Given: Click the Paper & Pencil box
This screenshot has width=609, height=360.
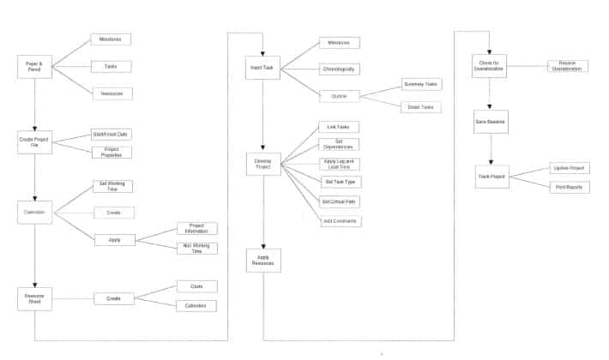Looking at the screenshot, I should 34,67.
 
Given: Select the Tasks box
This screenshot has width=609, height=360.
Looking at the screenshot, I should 111,66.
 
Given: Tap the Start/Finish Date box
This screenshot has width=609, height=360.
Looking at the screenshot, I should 111,134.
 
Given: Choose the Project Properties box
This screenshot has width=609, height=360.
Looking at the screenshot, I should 111,152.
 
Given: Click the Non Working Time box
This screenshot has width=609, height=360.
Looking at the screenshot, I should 197,248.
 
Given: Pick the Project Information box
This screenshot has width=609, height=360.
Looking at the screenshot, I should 197,228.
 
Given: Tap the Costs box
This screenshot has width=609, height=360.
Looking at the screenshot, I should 197,286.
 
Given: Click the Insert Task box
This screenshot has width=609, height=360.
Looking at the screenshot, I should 263,68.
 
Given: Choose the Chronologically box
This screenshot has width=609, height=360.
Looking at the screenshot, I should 340,69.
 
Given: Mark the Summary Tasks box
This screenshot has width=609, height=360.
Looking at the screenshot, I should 420,84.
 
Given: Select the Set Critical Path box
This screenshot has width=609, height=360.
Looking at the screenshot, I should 340,201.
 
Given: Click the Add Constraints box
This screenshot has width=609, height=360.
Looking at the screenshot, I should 340,221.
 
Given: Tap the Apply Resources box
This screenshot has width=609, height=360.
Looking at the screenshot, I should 263,260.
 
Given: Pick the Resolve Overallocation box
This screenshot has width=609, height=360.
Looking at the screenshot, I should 568,66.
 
